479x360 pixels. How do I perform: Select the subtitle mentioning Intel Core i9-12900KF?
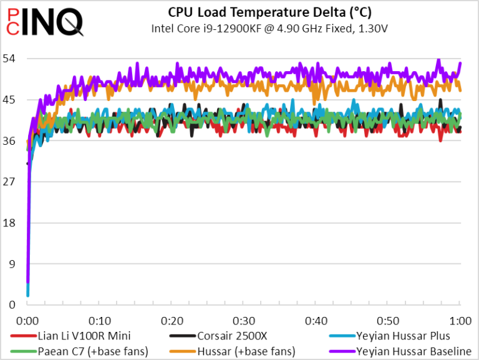(x=269, y=29)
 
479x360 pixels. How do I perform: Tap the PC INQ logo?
(x=45, y=22)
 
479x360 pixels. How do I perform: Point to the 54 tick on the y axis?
(x=9, y=59)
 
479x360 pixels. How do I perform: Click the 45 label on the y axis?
(x=9, y=100)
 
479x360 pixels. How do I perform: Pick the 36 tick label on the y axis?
(x=9, y=141)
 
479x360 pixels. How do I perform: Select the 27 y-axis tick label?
(x=9, y=182)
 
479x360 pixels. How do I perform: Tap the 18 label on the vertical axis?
(x=9, y=223)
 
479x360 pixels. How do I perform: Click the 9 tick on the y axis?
(x=12, y=264)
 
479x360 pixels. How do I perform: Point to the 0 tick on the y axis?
(x=12, y=304)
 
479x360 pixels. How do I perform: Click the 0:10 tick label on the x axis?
(x=100, y=321)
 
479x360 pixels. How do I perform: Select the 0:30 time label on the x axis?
(x=244, y=321)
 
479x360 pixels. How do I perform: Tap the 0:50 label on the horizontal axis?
(x=388, y=321)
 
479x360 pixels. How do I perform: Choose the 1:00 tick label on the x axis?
(x=460, y=321)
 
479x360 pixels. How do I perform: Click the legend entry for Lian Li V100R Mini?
(x=70, y=336)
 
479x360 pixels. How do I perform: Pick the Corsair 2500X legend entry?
(x=218, y=336)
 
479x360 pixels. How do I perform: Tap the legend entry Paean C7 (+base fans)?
(x=79, y=351)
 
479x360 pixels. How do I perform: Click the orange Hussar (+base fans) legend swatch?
(x=183, y=351)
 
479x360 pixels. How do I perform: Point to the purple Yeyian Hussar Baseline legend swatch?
(x=342, y=351)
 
